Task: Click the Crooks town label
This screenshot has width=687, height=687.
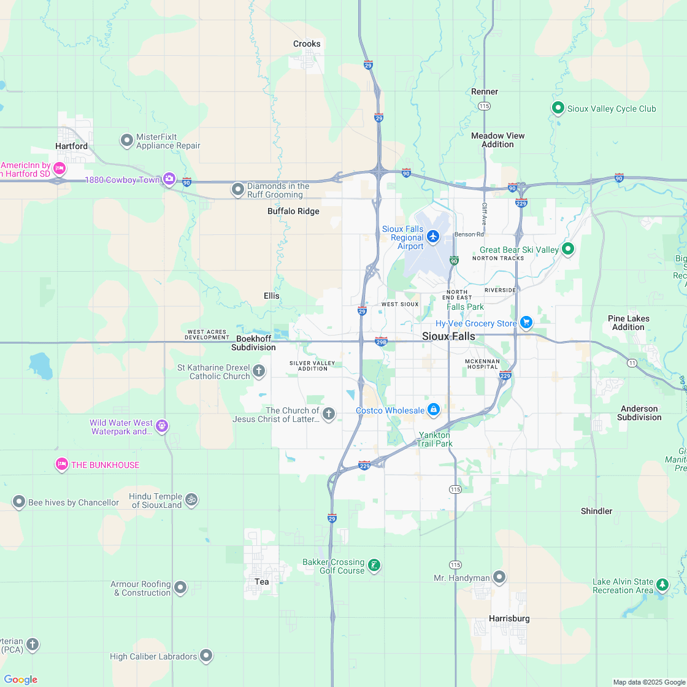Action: click(307, 44)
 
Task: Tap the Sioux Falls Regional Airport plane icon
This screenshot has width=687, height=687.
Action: click(434, 236)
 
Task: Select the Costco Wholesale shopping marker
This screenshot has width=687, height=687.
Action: click(433, 409)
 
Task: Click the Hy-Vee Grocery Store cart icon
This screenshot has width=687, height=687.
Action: click(526, 323)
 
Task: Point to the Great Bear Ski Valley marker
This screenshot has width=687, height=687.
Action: click(568, 249)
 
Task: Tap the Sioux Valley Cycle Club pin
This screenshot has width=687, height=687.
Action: click(558, 109)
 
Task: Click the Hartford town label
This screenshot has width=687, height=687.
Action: click(71, 146)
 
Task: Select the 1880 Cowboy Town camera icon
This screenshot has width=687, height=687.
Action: click(169, 179)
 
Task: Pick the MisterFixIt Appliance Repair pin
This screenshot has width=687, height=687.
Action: click(127, 140)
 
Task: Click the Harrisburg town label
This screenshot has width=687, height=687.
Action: click(509, 618)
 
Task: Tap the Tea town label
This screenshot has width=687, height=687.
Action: click(262, 581)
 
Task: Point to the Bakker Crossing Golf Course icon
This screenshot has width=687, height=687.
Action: click(374, 565)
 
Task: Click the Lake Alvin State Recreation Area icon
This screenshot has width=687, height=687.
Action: click(662, 585)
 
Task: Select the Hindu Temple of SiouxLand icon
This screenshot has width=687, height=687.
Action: click(191, 500)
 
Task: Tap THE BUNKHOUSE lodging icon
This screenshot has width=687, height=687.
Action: click(61, 464)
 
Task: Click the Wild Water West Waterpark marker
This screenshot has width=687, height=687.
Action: click(161, 425)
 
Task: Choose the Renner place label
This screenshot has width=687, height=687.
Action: click(485, 91)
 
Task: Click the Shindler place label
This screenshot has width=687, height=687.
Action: click(596, 511)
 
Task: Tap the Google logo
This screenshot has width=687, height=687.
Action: click(20, 679)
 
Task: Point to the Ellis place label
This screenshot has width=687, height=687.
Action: click(272, 296)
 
